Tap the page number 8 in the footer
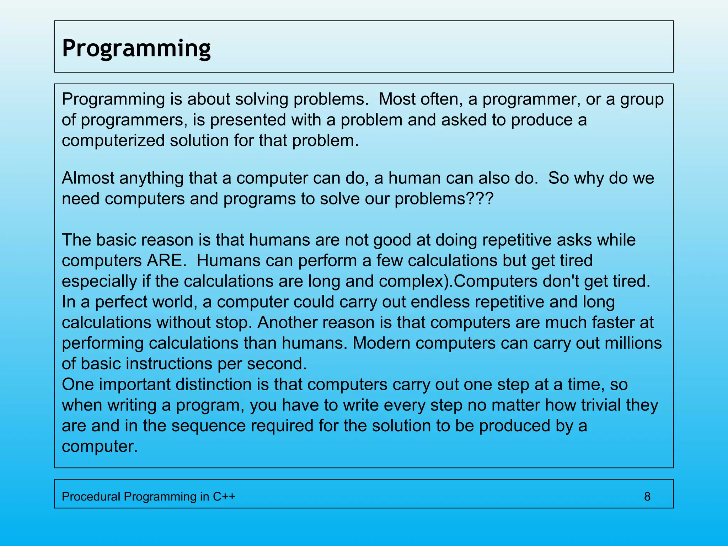(647, 496)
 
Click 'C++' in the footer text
(224, 496)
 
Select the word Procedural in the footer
(91, 496)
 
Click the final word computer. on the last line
(100, 446)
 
